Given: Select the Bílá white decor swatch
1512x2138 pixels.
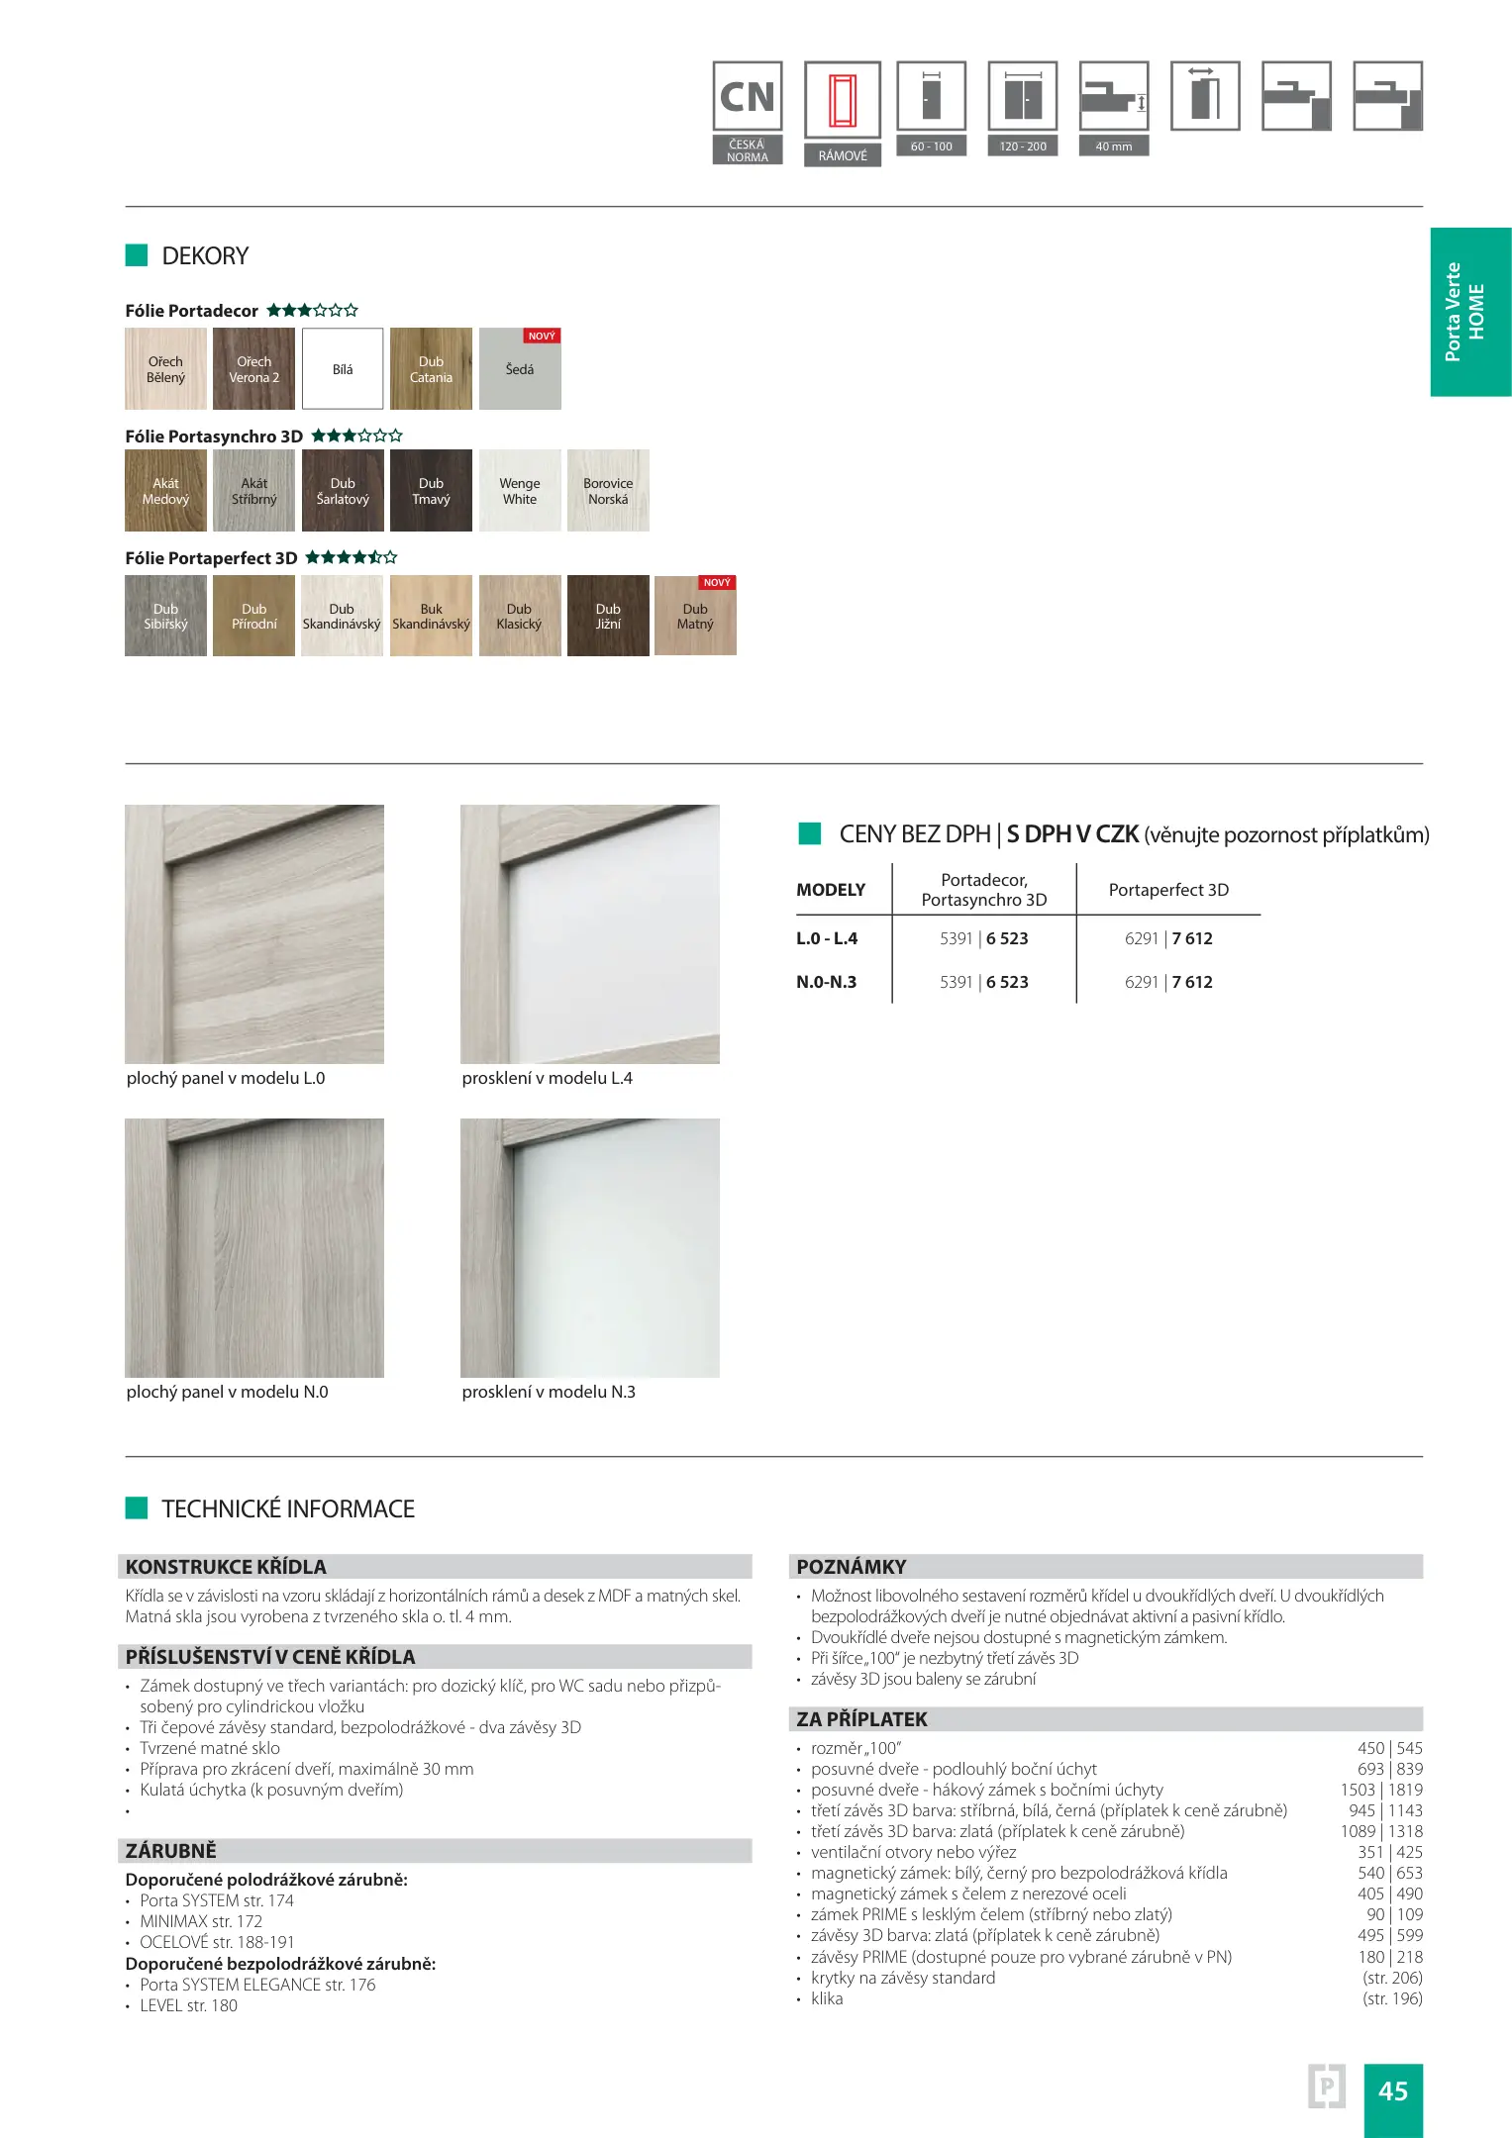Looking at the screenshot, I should (x=343, y=369).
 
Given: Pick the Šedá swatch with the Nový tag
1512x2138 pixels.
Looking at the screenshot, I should (x=520, y=369).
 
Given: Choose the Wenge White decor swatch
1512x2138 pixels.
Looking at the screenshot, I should (x=520, y=491).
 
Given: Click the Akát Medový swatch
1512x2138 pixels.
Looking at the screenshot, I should (x=165, y=491).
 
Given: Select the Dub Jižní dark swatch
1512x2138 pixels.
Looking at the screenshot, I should (x=608, y=616).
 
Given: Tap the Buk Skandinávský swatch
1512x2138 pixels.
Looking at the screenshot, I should (x=431, y=616).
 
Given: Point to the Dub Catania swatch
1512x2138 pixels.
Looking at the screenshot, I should (x=431, y=369).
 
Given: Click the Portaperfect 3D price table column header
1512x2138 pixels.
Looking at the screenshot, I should (x=1168, y=890).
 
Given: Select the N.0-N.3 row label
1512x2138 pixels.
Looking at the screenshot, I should (x=827, y=982).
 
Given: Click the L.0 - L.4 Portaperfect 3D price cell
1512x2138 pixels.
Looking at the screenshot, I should (x=1168, y=938).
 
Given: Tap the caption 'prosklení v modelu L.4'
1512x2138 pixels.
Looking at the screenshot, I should (x=547, y=1078).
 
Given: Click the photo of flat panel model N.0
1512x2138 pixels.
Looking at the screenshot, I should (x=254, y=1247).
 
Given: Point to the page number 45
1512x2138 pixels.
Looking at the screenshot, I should (x=1392, y=2090).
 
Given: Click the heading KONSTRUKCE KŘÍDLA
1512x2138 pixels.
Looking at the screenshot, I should (x=226, y=1567).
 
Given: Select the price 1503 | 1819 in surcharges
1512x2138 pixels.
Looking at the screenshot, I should (x=1381, y=1790).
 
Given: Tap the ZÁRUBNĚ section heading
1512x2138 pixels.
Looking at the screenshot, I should (x=171, y=1851).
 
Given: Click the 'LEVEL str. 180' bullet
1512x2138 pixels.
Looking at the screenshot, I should (x=188, y=2005).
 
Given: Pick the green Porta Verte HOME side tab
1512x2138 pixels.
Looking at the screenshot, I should (x=1469, y=312).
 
